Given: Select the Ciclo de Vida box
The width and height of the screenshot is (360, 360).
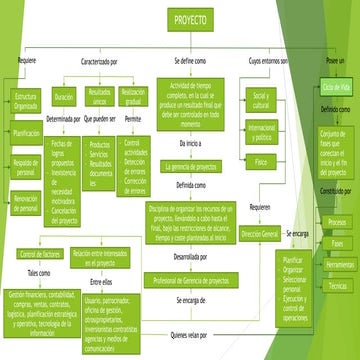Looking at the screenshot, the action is [336, 87].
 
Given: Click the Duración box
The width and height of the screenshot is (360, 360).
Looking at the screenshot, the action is [64, 98].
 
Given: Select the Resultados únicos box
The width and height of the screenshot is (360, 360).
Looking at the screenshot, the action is [99, 98].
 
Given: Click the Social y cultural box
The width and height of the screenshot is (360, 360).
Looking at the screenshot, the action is [261, 99].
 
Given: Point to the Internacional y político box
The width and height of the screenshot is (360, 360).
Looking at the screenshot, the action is [261, 133].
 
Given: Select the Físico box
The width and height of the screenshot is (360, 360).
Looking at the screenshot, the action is [261, 161].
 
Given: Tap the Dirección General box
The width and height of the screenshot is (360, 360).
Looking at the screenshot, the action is [259, 233].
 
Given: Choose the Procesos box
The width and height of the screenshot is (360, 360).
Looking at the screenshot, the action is [337, 221].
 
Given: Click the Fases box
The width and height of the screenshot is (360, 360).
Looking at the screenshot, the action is [337, 243].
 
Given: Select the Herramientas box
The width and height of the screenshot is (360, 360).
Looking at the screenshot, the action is [337, 264].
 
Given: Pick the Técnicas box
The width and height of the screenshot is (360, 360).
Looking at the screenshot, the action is [337, 286].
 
